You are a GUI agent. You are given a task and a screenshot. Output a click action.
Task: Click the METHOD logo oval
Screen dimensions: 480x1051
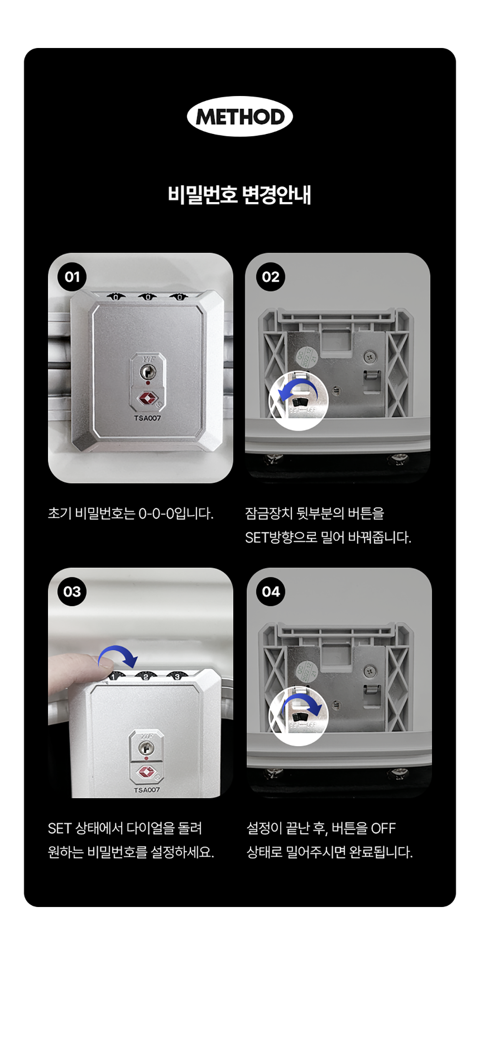click(x=240, y=117)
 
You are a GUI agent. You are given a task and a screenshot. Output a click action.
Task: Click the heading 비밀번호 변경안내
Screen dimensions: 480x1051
click(x=240, y=195)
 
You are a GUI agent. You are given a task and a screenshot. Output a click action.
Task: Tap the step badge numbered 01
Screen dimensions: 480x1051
click(x=72, y=277)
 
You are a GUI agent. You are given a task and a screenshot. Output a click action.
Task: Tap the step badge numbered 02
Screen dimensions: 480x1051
click(x=271, y=277)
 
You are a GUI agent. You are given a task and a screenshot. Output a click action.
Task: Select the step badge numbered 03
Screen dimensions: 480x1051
click(x=72, y=592)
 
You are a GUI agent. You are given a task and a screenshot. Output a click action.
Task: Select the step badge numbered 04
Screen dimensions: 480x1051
click(x=271, y=592)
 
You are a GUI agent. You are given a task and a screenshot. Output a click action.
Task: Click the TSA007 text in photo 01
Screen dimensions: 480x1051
click(x=147, y=418)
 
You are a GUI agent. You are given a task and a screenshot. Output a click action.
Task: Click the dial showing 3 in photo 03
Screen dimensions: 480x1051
click(x=177, y=676)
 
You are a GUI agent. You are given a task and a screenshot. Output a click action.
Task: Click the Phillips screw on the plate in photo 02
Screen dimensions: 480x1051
click(x=369, y=356)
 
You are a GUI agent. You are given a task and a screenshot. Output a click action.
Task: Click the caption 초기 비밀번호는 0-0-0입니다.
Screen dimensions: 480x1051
click(x=131, y=514)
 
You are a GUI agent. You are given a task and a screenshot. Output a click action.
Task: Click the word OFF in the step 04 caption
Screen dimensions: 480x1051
click(x=383, y=828)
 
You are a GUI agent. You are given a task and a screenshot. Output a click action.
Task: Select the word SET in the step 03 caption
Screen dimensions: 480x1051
click(x=60, y=828)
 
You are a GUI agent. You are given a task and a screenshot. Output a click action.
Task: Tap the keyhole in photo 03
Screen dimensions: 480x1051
click(x=146, y=747)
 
